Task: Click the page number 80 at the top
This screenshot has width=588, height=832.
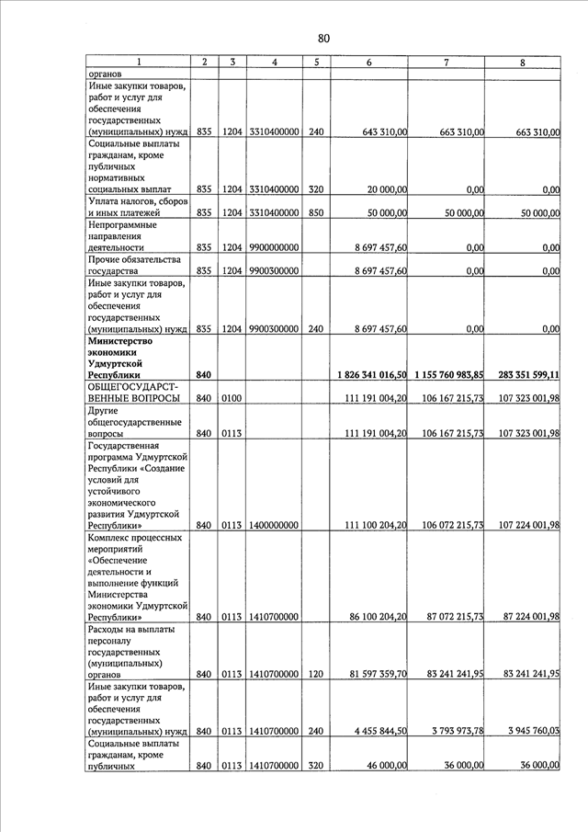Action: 323,38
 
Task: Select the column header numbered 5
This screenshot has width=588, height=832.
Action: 315,62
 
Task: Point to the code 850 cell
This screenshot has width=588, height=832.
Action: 315,212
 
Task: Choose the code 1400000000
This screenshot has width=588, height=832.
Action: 274,525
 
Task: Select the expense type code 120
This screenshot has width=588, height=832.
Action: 315,674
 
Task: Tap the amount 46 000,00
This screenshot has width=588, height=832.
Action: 386,765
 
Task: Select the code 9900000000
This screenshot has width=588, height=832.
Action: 274,247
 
